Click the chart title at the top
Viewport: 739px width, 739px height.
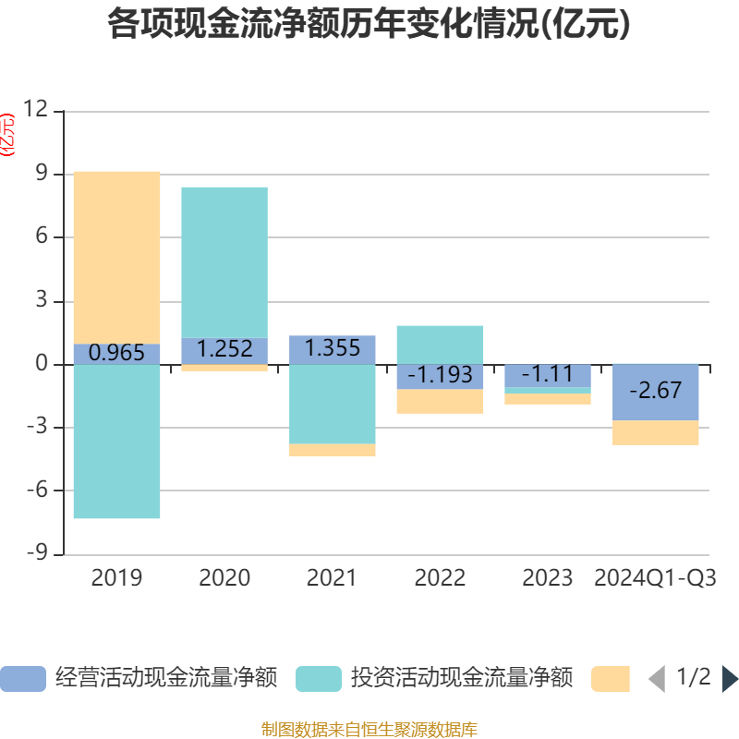369,25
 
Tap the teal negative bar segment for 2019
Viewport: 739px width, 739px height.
116,442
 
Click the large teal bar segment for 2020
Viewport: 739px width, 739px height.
224,261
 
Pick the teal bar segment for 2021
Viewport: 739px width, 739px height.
333,404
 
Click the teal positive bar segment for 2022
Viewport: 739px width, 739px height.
440,344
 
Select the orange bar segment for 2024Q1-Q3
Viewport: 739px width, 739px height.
656,432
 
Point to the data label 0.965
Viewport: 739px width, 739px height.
116,352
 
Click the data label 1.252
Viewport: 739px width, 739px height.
224,349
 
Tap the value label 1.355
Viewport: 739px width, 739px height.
333,348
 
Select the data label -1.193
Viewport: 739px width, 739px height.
440,375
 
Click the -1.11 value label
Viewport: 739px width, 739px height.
548,374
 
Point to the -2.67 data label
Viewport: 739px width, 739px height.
656,391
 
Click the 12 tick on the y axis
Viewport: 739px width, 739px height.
36,111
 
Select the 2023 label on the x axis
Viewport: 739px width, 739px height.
548,578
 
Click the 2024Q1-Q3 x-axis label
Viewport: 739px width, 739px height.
656,578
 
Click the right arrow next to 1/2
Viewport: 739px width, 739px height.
730,679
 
